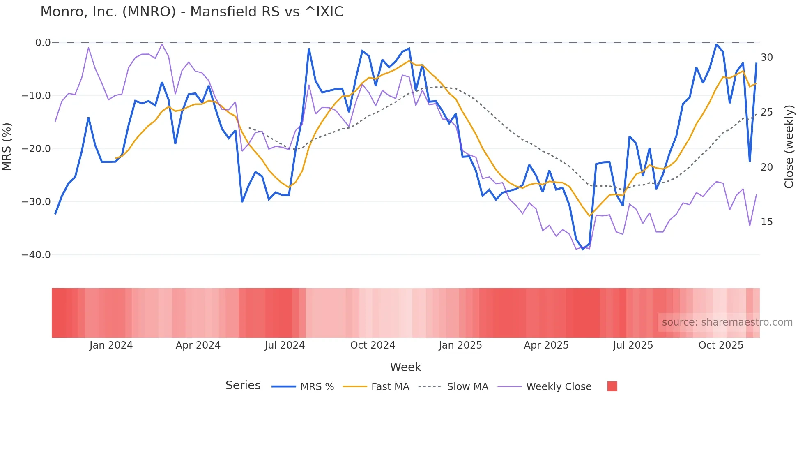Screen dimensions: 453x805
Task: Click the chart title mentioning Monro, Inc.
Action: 192,12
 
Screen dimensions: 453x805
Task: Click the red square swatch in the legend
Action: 612,386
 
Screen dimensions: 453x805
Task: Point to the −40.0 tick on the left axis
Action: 36,255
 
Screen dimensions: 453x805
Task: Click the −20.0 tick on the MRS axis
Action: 36,149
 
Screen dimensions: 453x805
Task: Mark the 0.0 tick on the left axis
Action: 43,43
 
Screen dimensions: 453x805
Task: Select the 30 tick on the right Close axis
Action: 766,58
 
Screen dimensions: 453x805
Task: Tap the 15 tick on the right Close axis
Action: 766,222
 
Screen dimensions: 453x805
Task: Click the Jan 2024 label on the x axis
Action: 111,345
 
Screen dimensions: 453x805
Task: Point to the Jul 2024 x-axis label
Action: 285,345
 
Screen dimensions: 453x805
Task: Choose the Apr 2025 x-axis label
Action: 546,345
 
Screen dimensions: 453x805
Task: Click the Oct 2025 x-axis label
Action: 721,345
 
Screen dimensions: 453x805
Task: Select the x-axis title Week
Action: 405,367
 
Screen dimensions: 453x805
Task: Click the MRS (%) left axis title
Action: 7,147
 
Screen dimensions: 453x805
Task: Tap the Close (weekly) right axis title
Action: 789,147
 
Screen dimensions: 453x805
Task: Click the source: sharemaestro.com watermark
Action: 727,322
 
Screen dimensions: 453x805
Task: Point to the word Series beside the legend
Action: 243,386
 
